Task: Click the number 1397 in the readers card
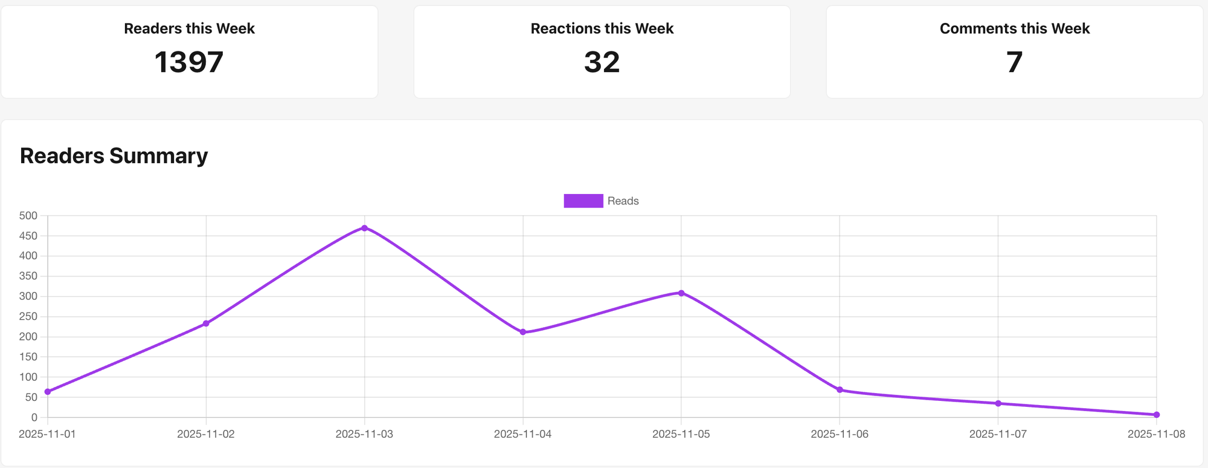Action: tap(189, 62)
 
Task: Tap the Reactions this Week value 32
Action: tap(602, 62)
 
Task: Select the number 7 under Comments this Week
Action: tap(1014, 62)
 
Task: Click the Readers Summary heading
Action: tap(114, 156)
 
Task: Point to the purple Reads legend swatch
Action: tap(583, 201)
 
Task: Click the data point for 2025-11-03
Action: tap(364, 228)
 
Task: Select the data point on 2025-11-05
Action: tap(681, 293)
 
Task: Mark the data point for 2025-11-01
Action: tap(48, 392)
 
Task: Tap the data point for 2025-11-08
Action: tap(1156, 415)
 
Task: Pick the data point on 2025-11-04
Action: tap(523, 332)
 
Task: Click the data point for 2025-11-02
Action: tap(206, 323)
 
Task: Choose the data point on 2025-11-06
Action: tap(840, 390)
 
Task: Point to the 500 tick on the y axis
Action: tap(28, 216)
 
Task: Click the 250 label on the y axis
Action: tap(28, 317)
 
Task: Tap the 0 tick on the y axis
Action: tap(34, 418)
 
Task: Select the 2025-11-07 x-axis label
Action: tap(998, 434)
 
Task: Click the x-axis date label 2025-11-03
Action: tap(364, 434)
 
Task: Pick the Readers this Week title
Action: tap(189, 28)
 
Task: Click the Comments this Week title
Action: tap(1014, 28)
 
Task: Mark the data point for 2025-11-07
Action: tap(998, 403)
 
